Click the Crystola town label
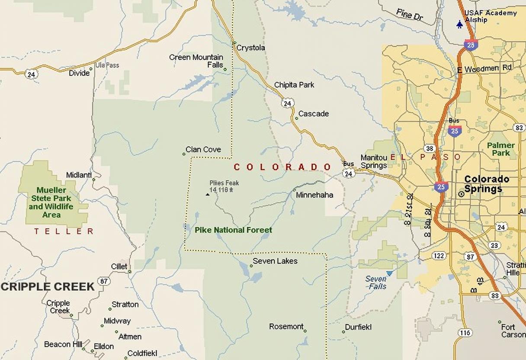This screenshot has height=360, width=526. pos(250,48)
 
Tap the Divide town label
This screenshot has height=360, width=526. pos(79,73)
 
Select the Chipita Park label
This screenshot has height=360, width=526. pos(294,85)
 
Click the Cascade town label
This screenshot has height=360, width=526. pos(313,114)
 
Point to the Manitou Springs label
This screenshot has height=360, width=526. pos(374,162)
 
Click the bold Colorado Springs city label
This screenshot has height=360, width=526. pos(486,184)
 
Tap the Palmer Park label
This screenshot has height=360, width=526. pos(500,149)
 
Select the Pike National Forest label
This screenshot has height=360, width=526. pos(233,230)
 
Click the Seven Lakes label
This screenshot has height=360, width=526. pos(275,261)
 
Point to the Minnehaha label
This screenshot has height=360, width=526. pos(314,195)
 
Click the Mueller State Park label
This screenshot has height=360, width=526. pos(51,202)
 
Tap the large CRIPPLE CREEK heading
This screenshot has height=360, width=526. pos(48,286)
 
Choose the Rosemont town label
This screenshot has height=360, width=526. pos(286,327)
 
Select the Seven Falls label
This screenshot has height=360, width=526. pos(375,283)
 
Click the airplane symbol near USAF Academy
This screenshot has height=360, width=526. pos(459,25)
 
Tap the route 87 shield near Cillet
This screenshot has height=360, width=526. pos(103,281)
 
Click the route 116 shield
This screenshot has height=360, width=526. pos(465,333)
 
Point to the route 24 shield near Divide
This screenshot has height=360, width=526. pos(31,74)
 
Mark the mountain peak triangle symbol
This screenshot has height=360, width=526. pos(208,194)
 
